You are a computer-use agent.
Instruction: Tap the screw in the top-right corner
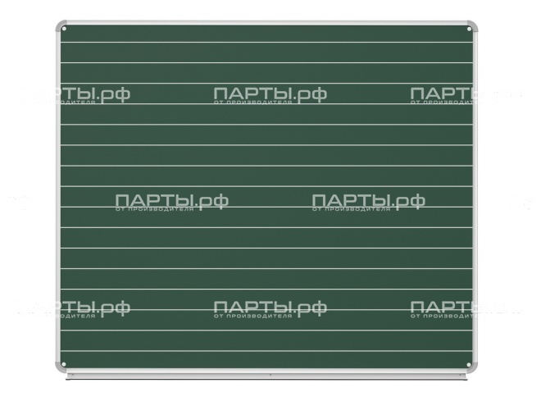(x=469, y=30)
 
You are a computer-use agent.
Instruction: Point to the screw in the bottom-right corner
(x=469, y=366)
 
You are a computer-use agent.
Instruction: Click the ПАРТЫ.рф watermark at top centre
(x=270, y=94)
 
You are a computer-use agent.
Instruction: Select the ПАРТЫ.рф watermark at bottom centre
(x=270, y=308)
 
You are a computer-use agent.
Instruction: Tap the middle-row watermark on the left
(x=171, y=201)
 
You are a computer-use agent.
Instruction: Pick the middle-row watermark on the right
(x=368, y=201)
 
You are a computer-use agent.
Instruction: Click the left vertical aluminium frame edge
(x=57, y=197)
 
